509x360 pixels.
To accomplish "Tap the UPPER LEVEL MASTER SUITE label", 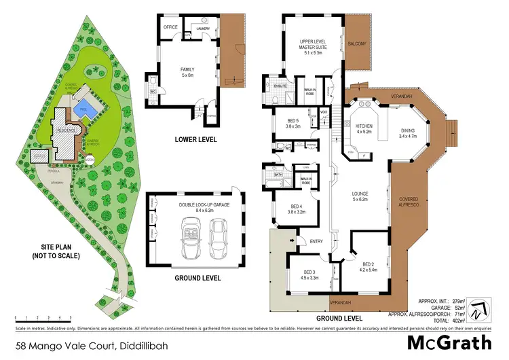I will coord(314,45).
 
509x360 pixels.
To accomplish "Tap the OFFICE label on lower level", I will coord(170,27).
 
